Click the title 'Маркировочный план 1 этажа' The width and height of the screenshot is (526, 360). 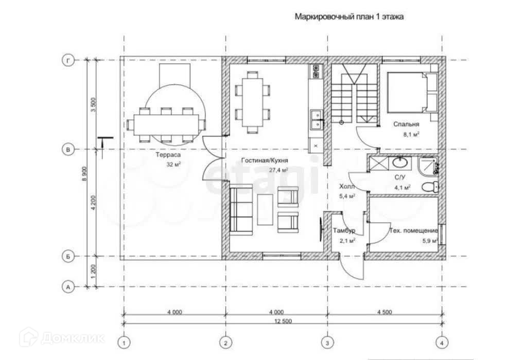click(x=349, y=17)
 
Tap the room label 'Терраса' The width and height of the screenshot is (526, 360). click(x=168, y=155)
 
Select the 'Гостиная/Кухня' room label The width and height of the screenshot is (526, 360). click(x=265, y=160)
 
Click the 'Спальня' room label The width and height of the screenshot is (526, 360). click(x=406, y=124)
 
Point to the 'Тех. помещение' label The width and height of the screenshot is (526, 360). click(x=414, y=230)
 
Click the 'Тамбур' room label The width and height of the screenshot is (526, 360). click(x=344, y=230)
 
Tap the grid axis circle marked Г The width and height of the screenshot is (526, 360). click(x=68, y=60)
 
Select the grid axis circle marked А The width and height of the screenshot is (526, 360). click(x=68, y=287)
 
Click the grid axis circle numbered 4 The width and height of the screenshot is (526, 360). click(x=442, y=343)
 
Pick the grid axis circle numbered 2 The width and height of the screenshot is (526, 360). click(x=225, y=343)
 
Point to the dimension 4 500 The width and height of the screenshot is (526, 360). click(x=384, y=312)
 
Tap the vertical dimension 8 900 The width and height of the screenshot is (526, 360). click(x=84, y=174)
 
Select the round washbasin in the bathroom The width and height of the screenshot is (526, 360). click(x=400, y=163)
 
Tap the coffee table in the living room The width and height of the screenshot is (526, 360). click(x=266, y=209)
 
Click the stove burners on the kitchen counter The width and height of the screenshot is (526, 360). click(x=317, y=71)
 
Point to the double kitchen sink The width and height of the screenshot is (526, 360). click(x=317, y=120)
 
